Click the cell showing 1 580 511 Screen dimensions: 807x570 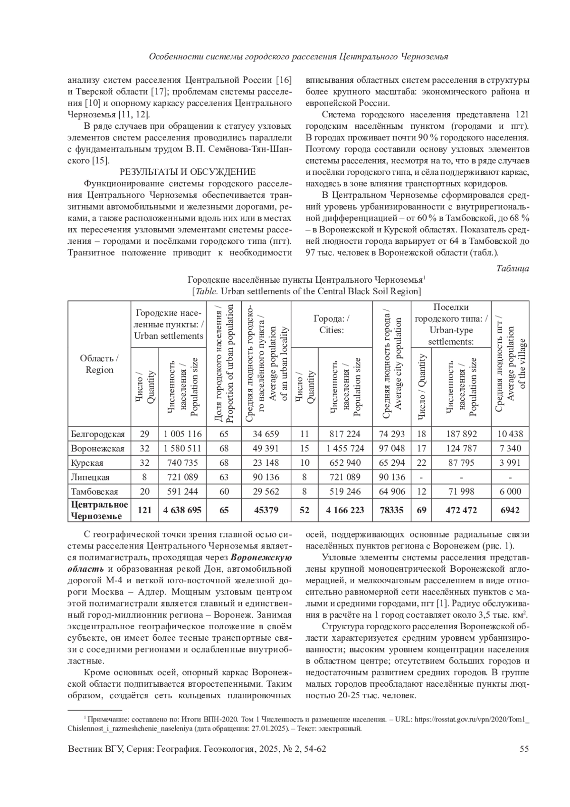tap(182, 448)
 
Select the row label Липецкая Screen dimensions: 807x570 tap(90, 477)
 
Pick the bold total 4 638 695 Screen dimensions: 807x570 tap(182, 510)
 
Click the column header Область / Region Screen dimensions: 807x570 tap(99, 364)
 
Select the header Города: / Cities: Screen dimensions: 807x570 tap(331, 324)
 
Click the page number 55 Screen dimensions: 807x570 tap(524, 749)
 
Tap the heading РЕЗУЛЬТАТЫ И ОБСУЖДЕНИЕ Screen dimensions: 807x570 tap(187, 172)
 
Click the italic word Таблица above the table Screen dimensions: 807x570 tap(513, 269)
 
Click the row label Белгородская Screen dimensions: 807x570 tap(97, 434)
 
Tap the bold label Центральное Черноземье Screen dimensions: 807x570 tap(99, 510)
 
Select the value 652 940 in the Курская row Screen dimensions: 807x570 tap(344, 463)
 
